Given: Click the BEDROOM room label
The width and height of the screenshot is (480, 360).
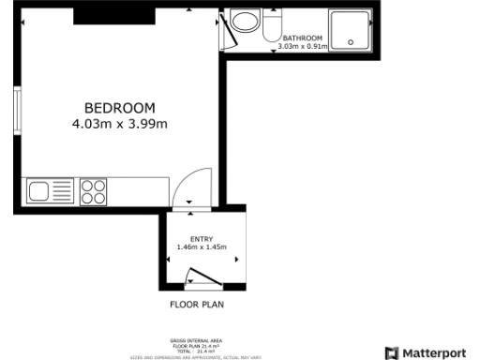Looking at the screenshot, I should coord(119,108).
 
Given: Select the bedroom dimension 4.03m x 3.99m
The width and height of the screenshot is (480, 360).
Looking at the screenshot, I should coord(119,123).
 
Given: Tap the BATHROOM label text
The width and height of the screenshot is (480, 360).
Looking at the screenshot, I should coord(302,37).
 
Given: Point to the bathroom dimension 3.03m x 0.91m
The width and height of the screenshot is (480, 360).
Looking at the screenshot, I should coord(302,45).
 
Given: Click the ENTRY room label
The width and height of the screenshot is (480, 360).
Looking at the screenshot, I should coord(202,239).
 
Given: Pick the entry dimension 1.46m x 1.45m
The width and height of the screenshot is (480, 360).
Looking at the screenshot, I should coord(202,247).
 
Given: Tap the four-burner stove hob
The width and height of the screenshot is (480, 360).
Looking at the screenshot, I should coord(93,192).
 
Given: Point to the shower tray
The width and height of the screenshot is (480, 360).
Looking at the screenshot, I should coord(352,30).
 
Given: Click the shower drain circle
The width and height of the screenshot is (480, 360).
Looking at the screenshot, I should coord(352,41).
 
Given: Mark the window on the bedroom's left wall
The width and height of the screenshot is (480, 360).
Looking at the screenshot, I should coord(17,112).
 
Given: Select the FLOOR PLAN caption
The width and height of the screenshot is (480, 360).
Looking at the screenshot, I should coord(196,305).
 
